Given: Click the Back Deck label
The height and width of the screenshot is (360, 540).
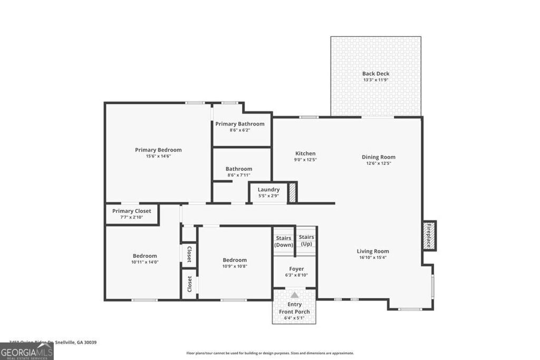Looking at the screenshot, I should point(375,73).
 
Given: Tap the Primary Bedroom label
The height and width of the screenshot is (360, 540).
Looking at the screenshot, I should point(158,150).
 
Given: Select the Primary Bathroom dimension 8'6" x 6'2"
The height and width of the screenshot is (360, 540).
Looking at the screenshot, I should point(239,130).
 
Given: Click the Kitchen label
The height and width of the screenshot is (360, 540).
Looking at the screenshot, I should point(305,153).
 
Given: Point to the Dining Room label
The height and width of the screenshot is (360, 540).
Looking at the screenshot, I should point(378,157).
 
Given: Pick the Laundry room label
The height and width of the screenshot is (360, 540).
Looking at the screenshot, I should point(268,189).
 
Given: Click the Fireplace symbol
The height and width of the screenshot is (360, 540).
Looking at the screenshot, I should point(429,235).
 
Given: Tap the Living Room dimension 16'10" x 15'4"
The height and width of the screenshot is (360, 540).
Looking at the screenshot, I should point(373,258).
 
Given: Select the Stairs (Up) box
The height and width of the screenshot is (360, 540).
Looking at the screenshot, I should point(306,240).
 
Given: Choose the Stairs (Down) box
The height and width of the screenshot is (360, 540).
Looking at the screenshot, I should point(283,241).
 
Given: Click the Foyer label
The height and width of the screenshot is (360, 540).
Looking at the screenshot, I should point(296,269).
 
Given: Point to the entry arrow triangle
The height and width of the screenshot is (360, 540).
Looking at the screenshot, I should point(294,295).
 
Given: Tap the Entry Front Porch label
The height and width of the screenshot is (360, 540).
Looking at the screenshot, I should point(294,308).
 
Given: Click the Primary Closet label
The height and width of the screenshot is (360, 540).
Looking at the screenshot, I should point(131,211).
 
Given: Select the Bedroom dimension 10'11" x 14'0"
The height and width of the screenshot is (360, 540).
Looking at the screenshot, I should point(144,262).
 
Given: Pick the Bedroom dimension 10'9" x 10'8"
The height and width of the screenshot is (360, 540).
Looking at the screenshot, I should point(235,266).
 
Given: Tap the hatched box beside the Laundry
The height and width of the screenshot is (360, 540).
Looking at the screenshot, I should point(293,192).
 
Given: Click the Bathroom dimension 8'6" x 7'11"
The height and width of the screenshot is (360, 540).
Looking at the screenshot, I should point(239,175).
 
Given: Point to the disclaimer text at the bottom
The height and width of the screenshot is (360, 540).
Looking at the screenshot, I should point(270,353).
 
